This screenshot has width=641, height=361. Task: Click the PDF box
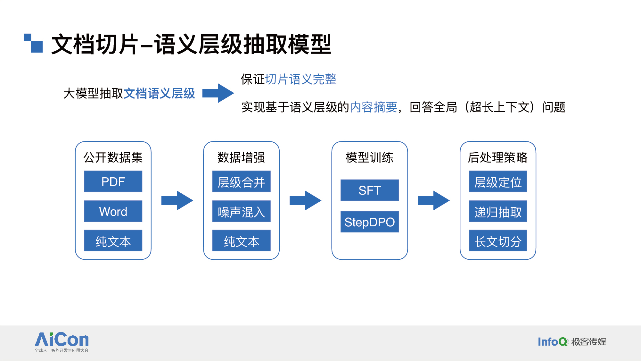[113, 181]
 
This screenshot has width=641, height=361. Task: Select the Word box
[113, 211]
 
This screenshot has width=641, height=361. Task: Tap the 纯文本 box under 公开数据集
[113, 241]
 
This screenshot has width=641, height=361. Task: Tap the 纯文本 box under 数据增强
[241, 241]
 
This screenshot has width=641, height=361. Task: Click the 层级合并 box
[241, 181]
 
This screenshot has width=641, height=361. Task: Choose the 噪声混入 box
[241, 211]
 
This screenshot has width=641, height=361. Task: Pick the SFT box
[370, 190]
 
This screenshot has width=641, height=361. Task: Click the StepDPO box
[370, 222]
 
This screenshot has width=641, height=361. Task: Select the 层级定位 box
[498, 181]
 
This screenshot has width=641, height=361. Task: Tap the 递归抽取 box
[498, 211]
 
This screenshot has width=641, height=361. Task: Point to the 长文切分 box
[498, 241]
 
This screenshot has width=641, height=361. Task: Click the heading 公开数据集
[113, 157]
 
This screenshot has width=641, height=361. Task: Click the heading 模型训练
[369, 157]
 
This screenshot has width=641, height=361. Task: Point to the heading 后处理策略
[497, 157]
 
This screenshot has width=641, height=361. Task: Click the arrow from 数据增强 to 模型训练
[305, 201]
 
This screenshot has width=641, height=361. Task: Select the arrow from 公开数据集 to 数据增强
[177, 201]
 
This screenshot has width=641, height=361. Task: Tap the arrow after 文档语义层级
[218, 93]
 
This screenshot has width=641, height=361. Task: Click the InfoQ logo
[572, 342]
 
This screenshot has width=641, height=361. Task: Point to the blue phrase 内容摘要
[374, 107]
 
